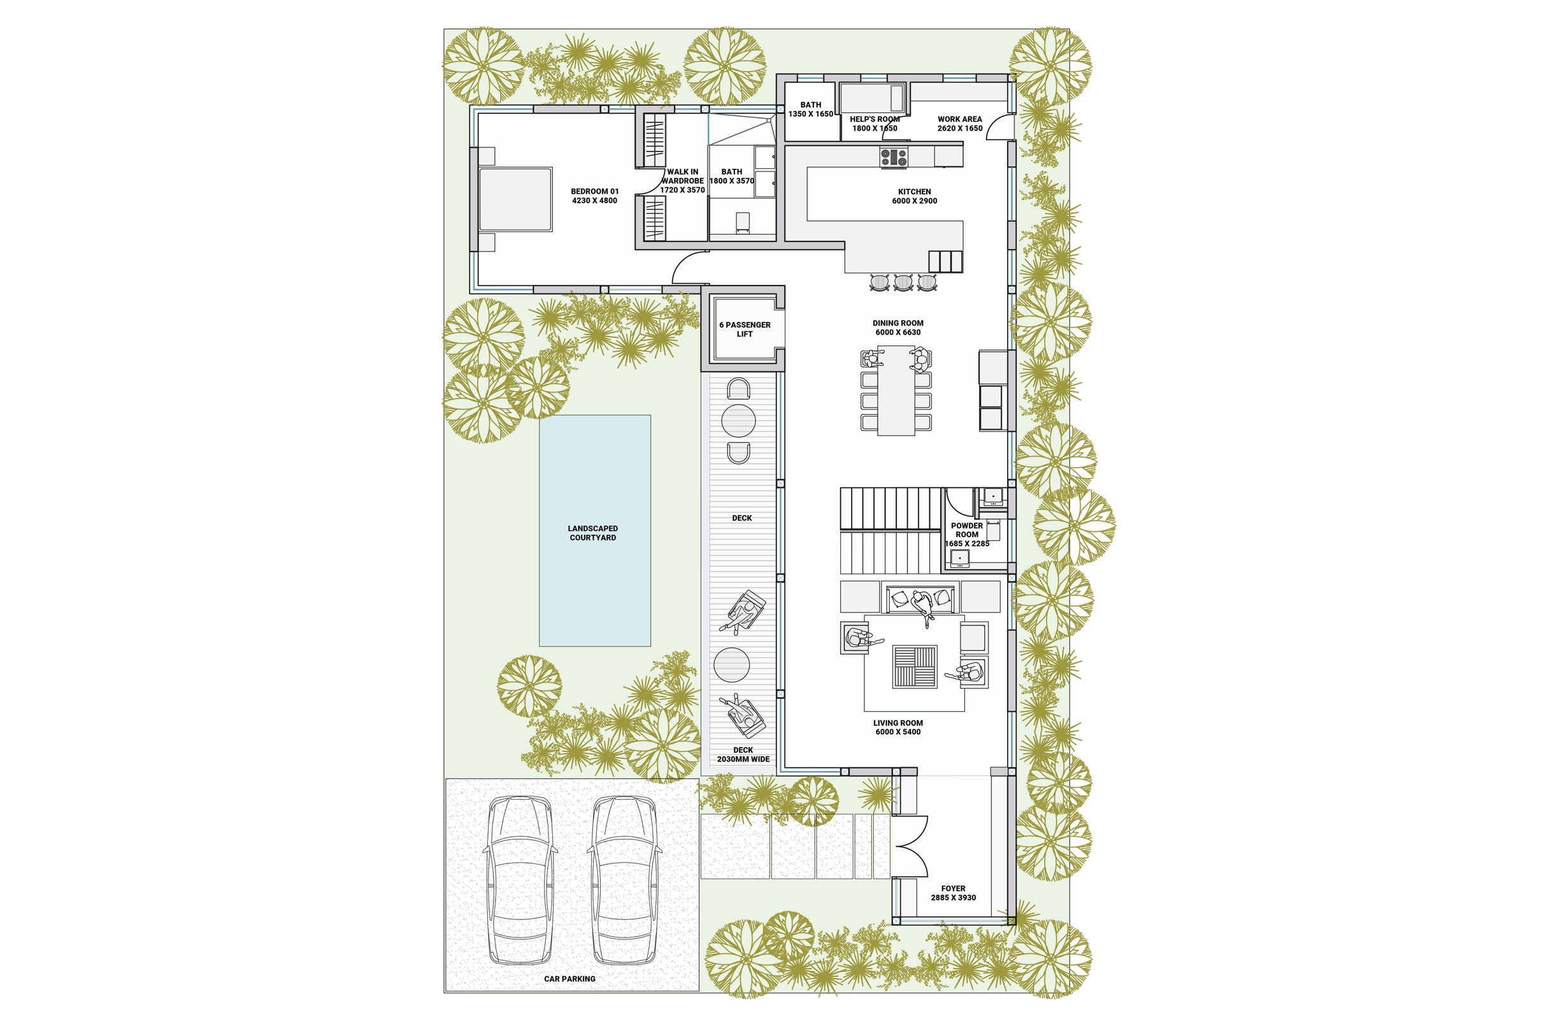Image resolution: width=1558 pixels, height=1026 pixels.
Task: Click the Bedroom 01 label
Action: pos(594,196)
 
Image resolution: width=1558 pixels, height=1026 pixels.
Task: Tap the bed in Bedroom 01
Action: pos(515,199)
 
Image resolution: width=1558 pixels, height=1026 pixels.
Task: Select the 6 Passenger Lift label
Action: pos(745,329)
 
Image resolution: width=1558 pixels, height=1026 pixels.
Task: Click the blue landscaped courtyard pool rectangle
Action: pos(594,530)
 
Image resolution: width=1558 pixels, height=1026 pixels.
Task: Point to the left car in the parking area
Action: pos(520,880)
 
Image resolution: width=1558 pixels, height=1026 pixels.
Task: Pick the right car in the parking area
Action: pos(624,880)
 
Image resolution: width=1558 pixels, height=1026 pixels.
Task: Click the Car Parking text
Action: pos(569,979)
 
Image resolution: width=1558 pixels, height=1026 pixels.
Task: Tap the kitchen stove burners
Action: pos(894,157)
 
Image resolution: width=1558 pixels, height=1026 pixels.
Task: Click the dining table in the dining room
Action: pos(896,391)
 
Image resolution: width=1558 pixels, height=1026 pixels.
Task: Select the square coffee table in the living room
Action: pos(915,667)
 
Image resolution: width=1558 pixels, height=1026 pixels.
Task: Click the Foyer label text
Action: pos(953,893)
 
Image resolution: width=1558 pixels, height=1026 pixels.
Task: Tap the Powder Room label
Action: pos(967,534)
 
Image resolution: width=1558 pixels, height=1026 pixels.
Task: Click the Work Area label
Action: pos(960,124)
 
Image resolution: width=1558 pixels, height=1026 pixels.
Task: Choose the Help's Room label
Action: pos(875,124)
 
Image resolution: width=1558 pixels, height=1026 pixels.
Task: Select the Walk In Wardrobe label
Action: pos(682,181)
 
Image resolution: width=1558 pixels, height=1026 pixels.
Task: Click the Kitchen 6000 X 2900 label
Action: pos(915,196)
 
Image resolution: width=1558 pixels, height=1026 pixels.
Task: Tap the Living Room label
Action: pos(898,727)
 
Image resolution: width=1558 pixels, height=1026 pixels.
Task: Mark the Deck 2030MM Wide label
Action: pos(743,755)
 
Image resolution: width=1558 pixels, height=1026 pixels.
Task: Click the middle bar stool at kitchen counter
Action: pos(903,283)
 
